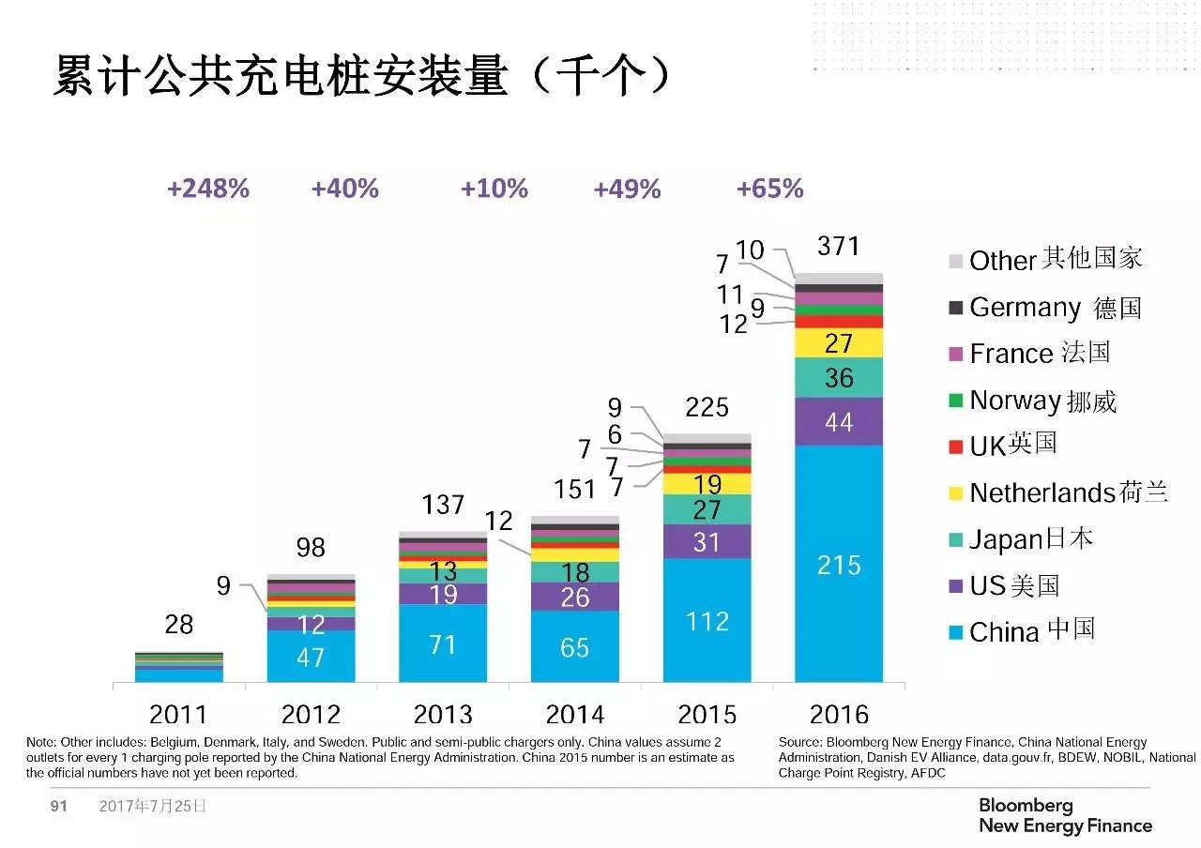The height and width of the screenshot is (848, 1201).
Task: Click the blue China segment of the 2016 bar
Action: click(x=838, y=563)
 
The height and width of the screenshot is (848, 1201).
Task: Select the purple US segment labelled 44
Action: click(x=838, y=421)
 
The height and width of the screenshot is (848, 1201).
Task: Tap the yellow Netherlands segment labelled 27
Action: click(x=838, y=342)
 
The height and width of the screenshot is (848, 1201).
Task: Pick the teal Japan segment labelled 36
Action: click(x=838, y=377)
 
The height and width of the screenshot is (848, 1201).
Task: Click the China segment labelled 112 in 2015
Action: click(x=707, y=620)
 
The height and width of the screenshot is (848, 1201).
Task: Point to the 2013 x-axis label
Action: click(x=443, y=714)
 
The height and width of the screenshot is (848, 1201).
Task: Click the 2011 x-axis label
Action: click(x=178, y=714)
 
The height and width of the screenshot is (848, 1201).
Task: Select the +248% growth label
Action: click(x=208, y=189)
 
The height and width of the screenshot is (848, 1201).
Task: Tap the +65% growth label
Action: click(x=769, y=189)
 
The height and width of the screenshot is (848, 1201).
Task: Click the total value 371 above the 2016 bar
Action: click(x=838, y=246)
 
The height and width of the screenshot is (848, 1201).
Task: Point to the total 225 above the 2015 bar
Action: click(x=707, y=407)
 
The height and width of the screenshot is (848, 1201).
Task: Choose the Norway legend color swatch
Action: click(x=956, y=401)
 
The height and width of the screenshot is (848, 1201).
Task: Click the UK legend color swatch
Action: click(x=956, y=447)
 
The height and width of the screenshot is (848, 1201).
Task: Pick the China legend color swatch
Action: click(x=956, y=633)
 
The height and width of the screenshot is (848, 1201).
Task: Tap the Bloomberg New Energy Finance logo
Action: click(x=1065, y=815)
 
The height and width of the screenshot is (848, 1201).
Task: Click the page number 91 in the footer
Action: click(x=59, y=806)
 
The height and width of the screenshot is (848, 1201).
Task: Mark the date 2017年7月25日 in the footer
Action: click(x=152, y=806)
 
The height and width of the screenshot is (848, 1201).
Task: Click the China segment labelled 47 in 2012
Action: click(x=311, y=656)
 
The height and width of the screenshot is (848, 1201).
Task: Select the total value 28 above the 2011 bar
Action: click(x=178, y=623)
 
